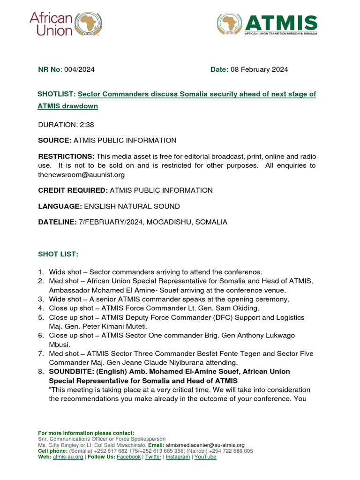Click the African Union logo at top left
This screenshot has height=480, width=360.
[x=66, y=24]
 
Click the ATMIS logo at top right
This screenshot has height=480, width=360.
[x=267, y=25]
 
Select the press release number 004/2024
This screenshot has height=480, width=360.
[x=79, y=69]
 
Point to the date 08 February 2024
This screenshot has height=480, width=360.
[x=259, y=69]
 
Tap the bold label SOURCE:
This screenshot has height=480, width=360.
[x=54, y=140]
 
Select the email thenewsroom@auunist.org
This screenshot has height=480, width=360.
[x=81, y=175]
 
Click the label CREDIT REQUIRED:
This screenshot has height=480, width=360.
[x=73, y=190]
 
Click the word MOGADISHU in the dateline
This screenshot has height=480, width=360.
[x=169, y=222]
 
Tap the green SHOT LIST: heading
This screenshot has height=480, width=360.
[x=58, y=254]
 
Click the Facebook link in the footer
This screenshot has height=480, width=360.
[x=128, y=457]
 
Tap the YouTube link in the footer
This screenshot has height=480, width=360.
[x=205, y=457]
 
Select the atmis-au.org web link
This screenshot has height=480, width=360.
[x=68, y=457]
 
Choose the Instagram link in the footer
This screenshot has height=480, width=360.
[x=178, y=457]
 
